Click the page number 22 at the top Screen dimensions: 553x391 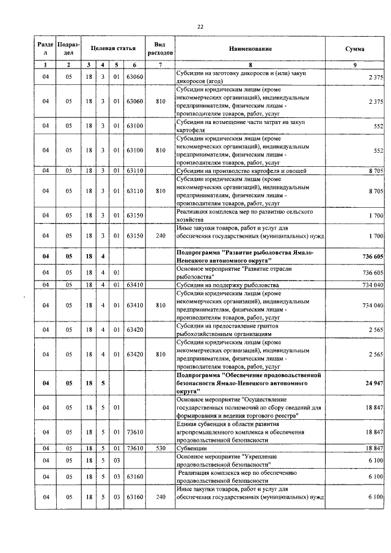(200, 26)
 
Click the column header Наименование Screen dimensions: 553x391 (250, 48)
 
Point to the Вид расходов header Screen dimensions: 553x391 (160, 48)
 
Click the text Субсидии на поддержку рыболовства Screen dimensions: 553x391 (227, 285)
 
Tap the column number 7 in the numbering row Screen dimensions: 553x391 (160, 64)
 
